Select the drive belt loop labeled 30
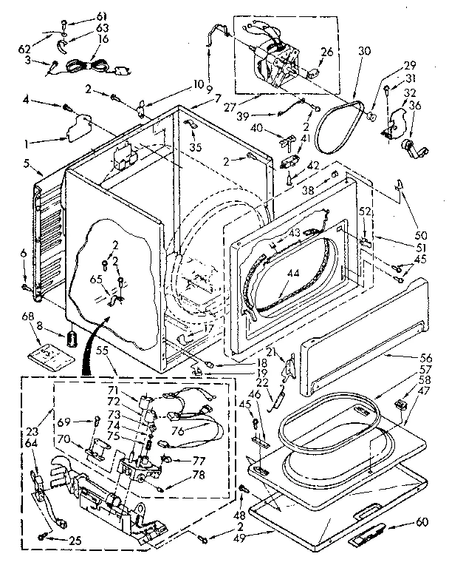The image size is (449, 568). tap(337, 126)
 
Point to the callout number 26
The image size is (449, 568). tap(326, 52)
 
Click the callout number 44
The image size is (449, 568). tap(294, 274)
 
